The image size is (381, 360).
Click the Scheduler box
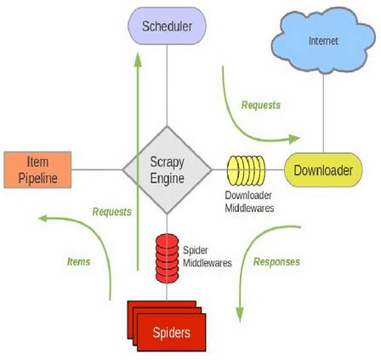167,26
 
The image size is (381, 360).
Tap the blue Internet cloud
323,41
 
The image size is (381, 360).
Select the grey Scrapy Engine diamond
167,170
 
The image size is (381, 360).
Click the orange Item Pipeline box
37,170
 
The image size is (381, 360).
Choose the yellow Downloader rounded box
323,170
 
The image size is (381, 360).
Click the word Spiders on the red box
172,333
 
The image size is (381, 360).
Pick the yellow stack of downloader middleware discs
246,170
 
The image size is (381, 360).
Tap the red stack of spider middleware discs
167,259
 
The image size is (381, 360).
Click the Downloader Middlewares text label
249,202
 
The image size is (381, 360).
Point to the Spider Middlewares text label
208,256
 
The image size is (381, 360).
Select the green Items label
78,261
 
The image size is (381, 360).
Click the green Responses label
276,261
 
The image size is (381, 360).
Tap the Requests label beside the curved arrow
261,105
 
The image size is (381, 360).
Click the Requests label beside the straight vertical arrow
112,212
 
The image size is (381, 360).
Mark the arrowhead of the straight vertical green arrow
138,60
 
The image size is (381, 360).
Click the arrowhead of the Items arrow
43,218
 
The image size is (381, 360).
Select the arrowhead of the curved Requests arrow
294,139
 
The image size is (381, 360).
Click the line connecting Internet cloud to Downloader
323,113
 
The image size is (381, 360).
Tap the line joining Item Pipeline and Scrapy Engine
97,170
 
